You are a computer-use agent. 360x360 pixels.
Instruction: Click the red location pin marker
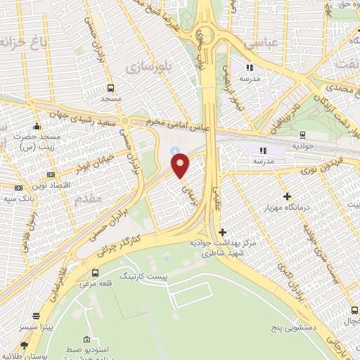tap(181, 165)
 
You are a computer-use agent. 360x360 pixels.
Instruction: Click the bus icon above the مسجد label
tap(110, 89)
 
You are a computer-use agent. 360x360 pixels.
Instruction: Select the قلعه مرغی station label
tap(95, 285)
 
